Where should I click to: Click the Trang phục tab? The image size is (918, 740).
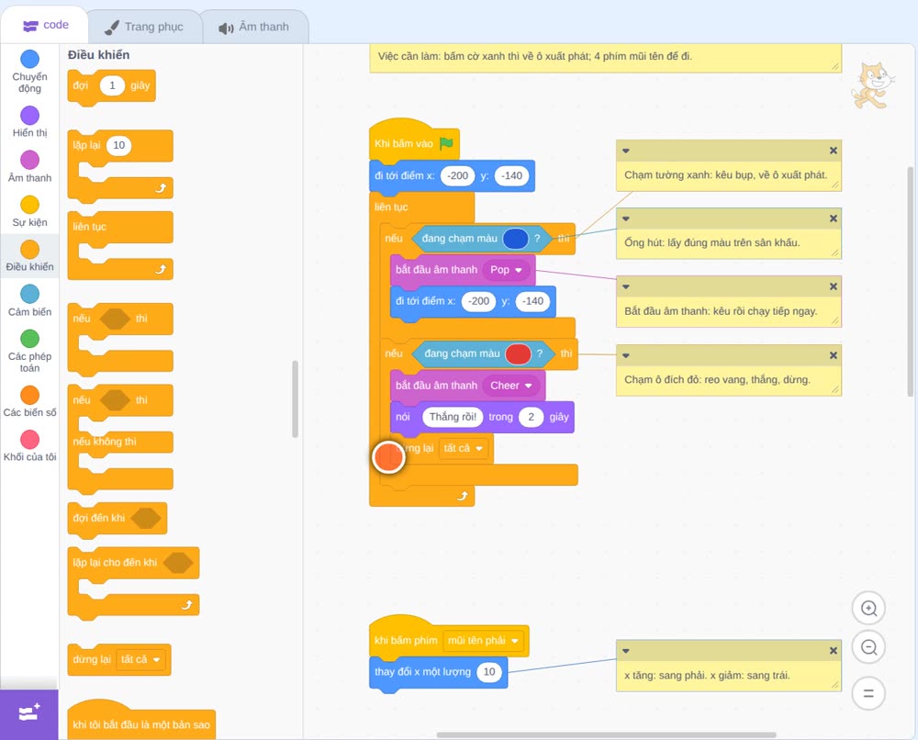[x=144, y=27]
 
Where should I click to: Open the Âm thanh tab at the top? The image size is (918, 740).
[x=254, y=27]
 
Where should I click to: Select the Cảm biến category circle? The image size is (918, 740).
[x=30, y=294]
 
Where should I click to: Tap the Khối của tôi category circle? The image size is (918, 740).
[x=30, y=439]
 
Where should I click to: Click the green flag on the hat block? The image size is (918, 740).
[x=447, y=143]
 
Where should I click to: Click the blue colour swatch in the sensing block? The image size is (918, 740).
[x=515, y=239]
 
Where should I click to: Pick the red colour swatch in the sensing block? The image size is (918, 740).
[x=518, y=353]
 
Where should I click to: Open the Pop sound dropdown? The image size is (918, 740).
[x=506, y=270]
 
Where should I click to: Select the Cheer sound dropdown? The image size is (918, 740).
[x=510, y=386]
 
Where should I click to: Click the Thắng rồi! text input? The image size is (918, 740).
[x=453, y=417]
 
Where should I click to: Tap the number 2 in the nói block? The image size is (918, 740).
[x=531, y=417]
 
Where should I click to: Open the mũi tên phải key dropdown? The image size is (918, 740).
[x=483, y=641]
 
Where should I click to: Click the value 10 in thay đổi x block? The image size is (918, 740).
[x=489, y=672]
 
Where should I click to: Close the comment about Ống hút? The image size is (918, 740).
[x=834, y=219]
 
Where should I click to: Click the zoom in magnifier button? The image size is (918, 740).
[x=868, y=609]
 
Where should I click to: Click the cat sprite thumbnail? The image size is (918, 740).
[x=872, y=85]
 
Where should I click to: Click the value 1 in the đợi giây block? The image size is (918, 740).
[x=112, y=85]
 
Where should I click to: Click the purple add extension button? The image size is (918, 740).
[x=29, y=713]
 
